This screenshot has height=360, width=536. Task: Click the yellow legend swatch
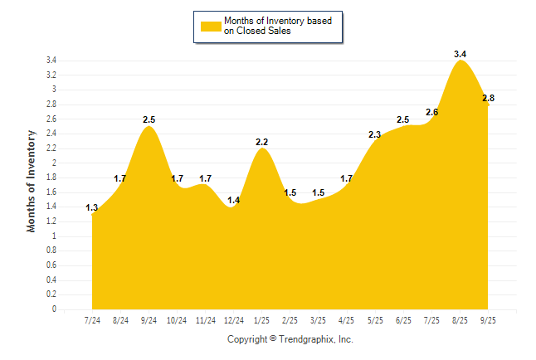tap(211, 26)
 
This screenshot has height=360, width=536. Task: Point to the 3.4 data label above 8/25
tap(460, 54)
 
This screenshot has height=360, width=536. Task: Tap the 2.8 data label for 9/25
tap(488, 98)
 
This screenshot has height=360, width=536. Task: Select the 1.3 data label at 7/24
tap(92, 207)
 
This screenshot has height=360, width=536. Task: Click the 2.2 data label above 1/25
tap(262, 142)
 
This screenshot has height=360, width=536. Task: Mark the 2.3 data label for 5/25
tap(374, 134)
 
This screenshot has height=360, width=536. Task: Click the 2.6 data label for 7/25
tap(431, 113)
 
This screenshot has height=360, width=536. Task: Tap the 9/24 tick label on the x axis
tap(149, 319)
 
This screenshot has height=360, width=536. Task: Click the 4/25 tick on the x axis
tap(347, 319)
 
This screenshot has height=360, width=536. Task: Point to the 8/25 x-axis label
tap(460, 319)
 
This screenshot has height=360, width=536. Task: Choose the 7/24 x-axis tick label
tap(92, 319)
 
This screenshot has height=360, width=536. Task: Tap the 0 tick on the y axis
tap(54, 309)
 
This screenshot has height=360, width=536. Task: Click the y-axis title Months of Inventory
tap(32, 180)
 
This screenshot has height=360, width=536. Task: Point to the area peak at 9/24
tap(149, 127)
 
